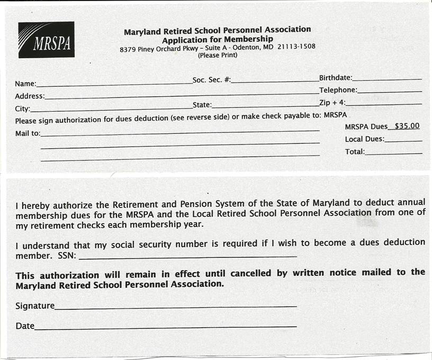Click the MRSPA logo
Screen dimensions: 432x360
click(46, 40)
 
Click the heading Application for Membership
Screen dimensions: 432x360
click(218, 39)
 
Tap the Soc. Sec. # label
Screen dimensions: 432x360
click(212, 80)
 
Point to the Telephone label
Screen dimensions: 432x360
click(338, 90)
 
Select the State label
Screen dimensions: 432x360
click(202, 105)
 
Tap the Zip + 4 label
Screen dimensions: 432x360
click(332, 102)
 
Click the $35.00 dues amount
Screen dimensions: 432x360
click(408, 126)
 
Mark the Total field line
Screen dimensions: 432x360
click(394, 153)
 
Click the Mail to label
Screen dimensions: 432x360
click(28, 133)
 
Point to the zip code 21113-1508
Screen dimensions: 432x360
click(296, 47)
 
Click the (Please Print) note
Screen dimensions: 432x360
click(218, 55)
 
